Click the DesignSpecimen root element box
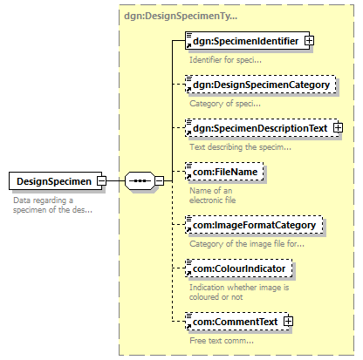coord(55,181)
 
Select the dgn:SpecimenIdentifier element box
coord(247,41)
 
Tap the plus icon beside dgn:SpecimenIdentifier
coord(309,41)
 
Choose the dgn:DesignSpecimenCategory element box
coord(260,85)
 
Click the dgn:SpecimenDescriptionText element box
coord(262,128)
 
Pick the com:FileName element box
coord(224,172)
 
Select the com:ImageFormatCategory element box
coord(254,225)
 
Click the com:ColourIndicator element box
coord(239,268)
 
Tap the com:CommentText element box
coord(236,322)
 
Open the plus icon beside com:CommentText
coord(288,322)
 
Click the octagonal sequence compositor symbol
coord(140,180)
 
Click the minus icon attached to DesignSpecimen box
coord(102,181)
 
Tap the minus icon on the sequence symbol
coord(159,180)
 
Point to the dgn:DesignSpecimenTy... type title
coord(181,16)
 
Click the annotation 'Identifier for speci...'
coord(225,60)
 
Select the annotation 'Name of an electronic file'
coord(213,195)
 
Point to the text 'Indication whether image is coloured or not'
coord(239,292)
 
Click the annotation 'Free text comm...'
coord(222,340)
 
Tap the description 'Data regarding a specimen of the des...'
coord(52,205)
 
